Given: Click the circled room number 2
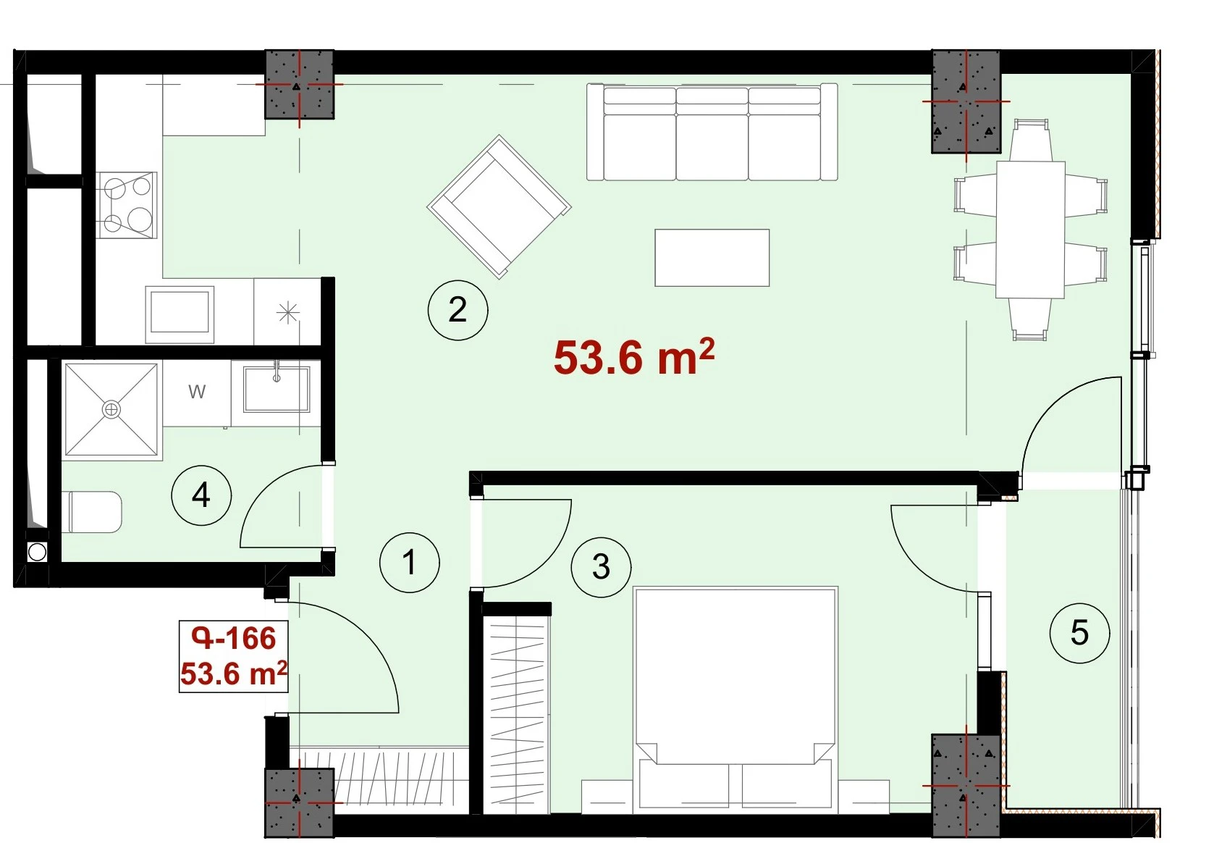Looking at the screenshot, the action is (x=458, y=310).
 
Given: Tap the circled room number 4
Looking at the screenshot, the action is (x=201, y=495).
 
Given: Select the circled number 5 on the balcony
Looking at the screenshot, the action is (x=1079, y=633).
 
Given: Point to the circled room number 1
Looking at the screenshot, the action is (x=409, y=562).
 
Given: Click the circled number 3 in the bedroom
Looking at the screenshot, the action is (x=601, y=567).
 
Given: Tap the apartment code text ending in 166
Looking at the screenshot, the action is (x=234, y=638).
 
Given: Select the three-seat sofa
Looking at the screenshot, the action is (x=712, y=132).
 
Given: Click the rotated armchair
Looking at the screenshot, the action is (x=499, y=206).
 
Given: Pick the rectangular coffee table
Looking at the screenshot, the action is (x=712, y=258).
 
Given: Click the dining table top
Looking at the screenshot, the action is (x=1030, y=230).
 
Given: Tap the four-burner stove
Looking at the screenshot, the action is (x=127, y=205).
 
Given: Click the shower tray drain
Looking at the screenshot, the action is (x=111, y=409).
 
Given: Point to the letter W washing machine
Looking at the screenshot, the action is (x=197, y=391).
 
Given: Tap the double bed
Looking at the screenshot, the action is (x=735, y=700).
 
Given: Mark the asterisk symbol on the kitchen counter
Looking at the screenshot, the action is (x=287, y=313).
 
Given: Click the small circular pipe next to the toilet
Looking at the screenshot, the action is (x=37, y=553).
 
